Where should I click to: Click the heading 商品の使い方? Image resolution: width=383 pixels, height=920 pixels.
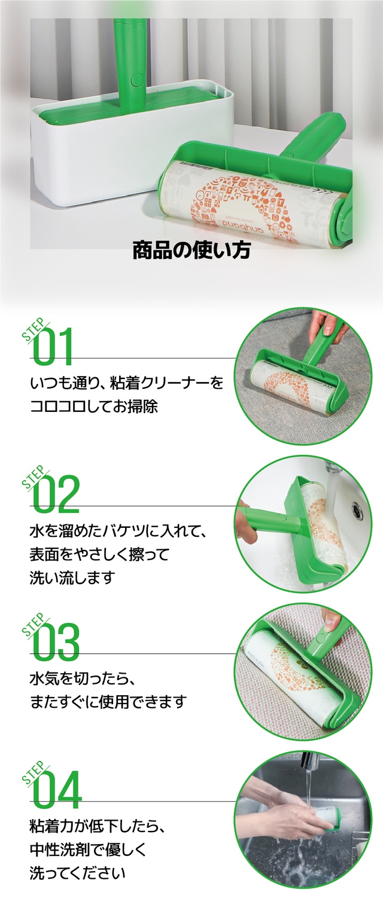[191, 251]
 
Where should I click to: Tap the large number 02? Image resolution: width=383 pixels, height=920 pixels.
[56, 494]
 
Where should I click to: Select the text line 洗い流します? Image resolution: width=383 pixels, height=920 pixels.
[71, 578]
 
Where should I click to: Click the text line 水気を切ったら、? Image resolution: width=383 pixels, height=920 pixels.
[83, 679]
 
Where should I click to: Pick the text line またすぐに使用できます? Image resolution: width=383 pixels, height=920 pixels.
[108, 702]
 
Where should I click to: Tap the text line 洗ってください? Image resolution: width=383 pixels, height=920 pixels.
[77, 873]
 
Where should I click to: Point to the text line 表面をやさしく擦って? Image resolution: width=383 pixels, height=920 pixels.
[99, 555]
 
